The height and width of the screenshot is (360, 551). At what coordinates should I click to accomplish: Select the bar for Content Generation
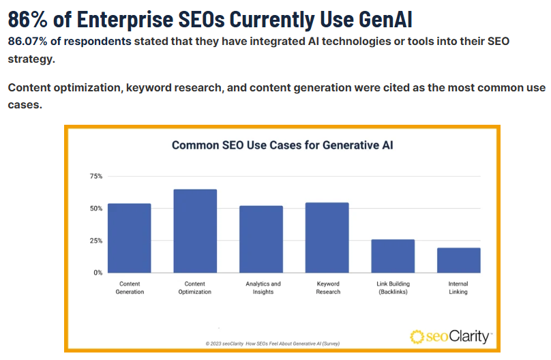click(130, 238)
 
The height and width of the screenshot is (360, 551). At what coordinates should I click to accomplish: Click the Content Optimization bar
click(195, 231)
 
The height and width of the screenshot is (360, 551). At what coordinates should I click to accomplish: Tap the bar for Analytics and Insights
click(261, 239)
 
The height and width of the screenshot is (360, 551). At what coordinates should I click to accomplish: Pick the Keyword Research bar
click(327, 237)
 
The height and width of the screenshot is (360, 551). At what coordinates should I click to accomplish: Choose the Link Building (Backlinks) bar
click(393, 256)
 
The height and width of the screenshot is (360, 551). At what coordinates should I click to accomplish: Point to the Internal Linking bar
click(458, 260)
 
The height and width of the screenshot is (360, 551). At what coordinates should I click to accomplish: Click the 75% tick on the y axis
click(95, 177)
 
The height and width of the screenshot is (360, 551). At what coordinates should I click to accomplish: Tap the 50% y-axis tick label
click(95, 209)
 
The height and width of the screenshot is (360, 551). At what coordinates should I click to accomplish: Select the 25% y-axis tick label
click(95, 241)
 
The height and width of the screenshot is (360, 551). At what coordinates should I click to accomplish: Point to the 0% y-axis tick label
click(98, 273)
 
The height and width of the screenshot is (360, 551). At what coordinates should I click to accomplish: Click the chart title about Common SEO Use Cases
click(282, 145)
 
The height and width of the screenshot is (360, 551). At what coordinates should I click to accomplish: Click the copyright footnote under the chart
click(272, 343)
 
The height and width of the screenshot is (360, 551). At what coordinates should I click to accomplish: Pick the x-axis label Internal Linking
click(458, 288)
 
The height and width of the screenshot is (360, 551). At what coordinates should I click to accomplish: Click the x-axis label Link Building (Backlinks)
click(393, 288)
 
